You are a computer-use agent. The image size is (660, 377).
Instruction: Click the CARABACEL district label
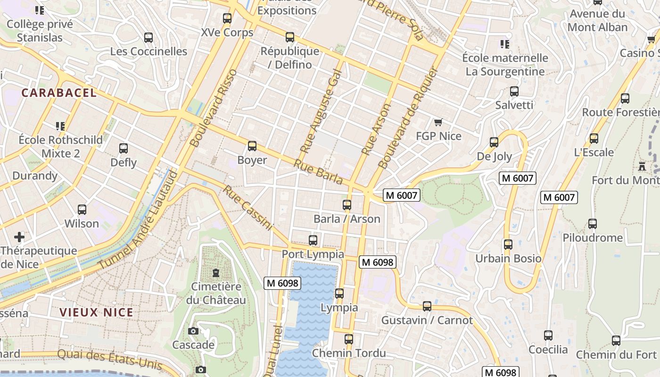59,93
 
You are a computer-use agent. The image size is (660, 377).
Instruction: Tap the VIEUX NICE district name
96,312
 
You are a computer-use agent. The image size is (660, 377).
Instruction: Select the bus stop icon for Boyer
252,146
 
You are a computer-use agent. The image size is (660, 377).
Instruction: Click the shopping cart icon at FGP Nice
438,123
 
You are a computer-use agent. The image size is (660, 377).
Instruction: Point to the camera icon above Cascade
193,331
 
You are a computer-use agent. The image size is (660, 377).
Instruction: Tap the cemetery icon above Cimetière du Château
216,272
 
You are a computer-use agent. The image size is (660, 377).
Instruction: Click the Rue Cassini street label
247,208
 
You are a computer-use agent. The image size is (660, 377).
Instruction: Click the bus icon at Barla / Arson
347,205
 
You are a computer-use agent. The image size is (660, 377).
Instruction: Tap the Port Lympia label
313,254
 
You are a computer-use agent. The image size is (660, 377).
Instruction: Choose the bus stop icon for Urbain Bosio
508,245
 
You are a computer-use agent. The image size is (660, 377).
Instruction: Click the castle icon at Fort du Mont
642,166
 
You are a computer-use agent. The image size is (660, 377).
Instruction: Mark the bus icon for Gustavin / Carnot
427,306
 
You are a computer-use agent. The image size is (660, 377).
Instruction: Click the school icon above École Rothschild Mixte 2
60,126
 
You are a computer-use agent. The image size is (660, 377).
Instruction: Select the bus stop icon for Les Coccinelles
148,38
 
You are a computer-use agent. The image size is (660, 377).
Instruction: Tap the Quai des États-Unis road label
109,359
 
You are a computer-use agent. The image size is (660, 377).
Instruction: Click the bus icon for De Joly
494,142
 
